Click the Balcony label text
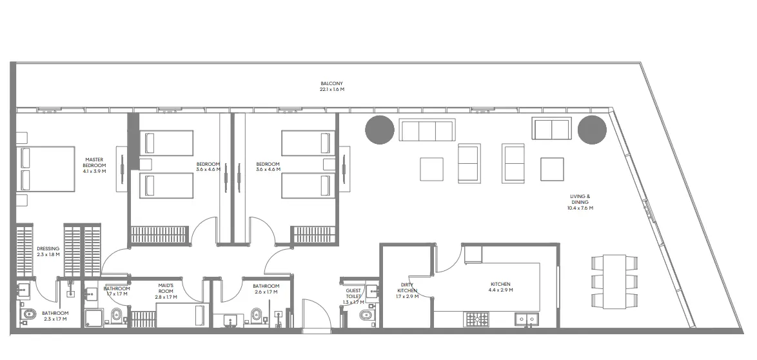point(332,83)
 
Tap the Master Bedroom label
point(94,162)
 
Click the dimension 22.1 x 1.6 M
point(332,90)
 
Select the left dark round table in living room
point(379,130)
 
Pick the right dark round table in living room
point(592,130)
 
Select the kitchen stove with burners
point(478,318)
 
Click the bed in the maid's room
point(181,316)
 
